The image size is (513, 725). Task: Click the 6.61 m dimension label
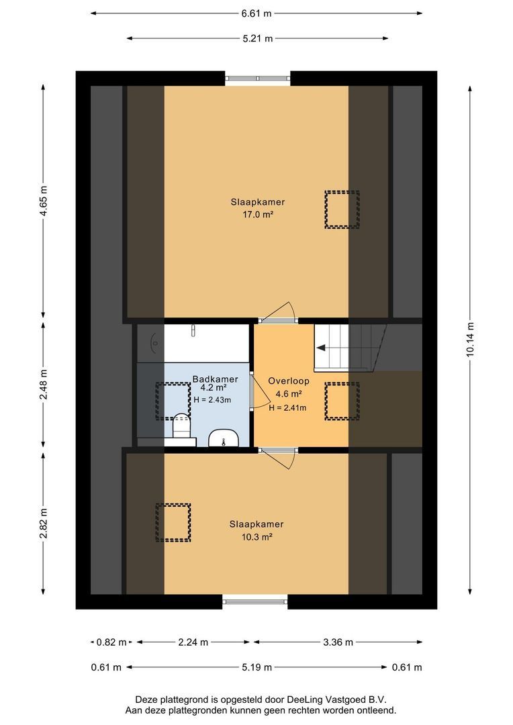pos(256,13)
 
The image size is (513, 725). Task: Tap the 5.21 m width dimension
pos(258,38)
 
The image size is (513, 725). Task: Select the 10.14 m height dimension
pos(470,340)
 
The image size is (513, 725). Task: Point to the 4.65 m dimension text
pos(43,201)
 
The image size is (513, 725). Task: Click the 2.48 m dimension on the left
pos(43,384)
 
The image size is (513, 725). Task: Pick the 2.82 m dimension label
pos(43,524)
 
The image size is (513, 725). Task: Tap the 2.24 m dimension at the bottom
pos(193,642)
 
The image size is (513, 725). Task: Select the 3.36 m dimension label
pos(338,642)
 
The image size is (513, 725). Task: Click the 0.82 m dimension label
pos(111,642)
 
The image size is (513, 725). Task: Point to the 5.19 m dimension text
pos(256,667)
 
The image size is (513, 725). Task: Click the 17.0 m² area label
pos(258,214)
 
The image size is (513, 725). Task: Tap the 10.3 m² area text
pos(256,537)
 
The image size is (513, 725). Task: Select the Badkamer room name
pos(215,379)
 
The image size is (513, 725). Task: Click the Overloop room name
pos(289,381)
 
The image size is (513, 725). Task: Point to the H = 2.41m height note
pos(287,407)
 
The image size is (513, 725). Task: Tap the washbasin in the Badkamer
pos(224,438)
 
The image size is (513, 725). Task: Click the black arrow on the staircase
pos(321,348)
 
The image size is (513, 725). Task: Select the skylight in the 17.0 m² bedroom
pos(342,209)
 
